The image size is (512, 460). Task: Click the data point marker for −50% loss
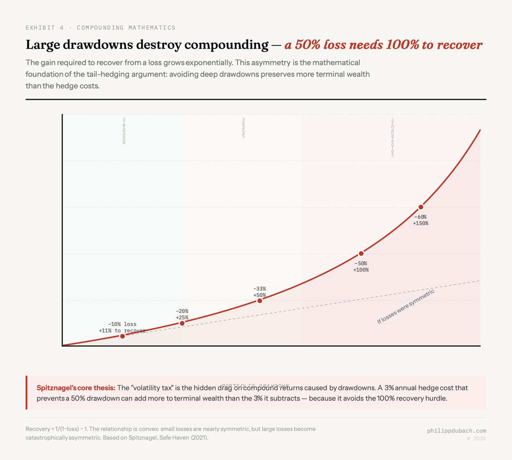361,253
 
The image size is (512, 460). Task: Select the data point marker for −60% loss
421,207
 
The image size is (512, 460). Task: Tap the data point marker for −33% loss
259,301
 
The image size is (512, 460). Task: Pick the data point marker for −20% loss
182,323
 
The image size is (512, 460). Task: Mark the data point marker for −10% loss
122,336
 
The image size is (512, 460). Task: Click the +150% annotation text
420,223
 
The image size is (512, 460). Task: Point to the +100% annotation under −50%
361,270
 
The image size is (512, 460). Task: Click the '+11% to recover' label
122,331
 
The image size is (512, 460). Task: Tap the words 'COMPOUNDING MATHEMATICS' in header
126,28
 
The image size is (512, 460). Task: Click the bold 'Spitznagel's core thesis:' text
76,388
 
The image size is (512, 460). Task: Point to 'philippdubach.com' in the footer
456,431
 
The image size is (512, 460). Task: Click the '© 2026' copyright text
476,438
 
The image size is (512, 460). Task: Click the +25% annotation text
182,317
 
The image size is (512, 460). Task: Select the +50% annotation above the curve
259,295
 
